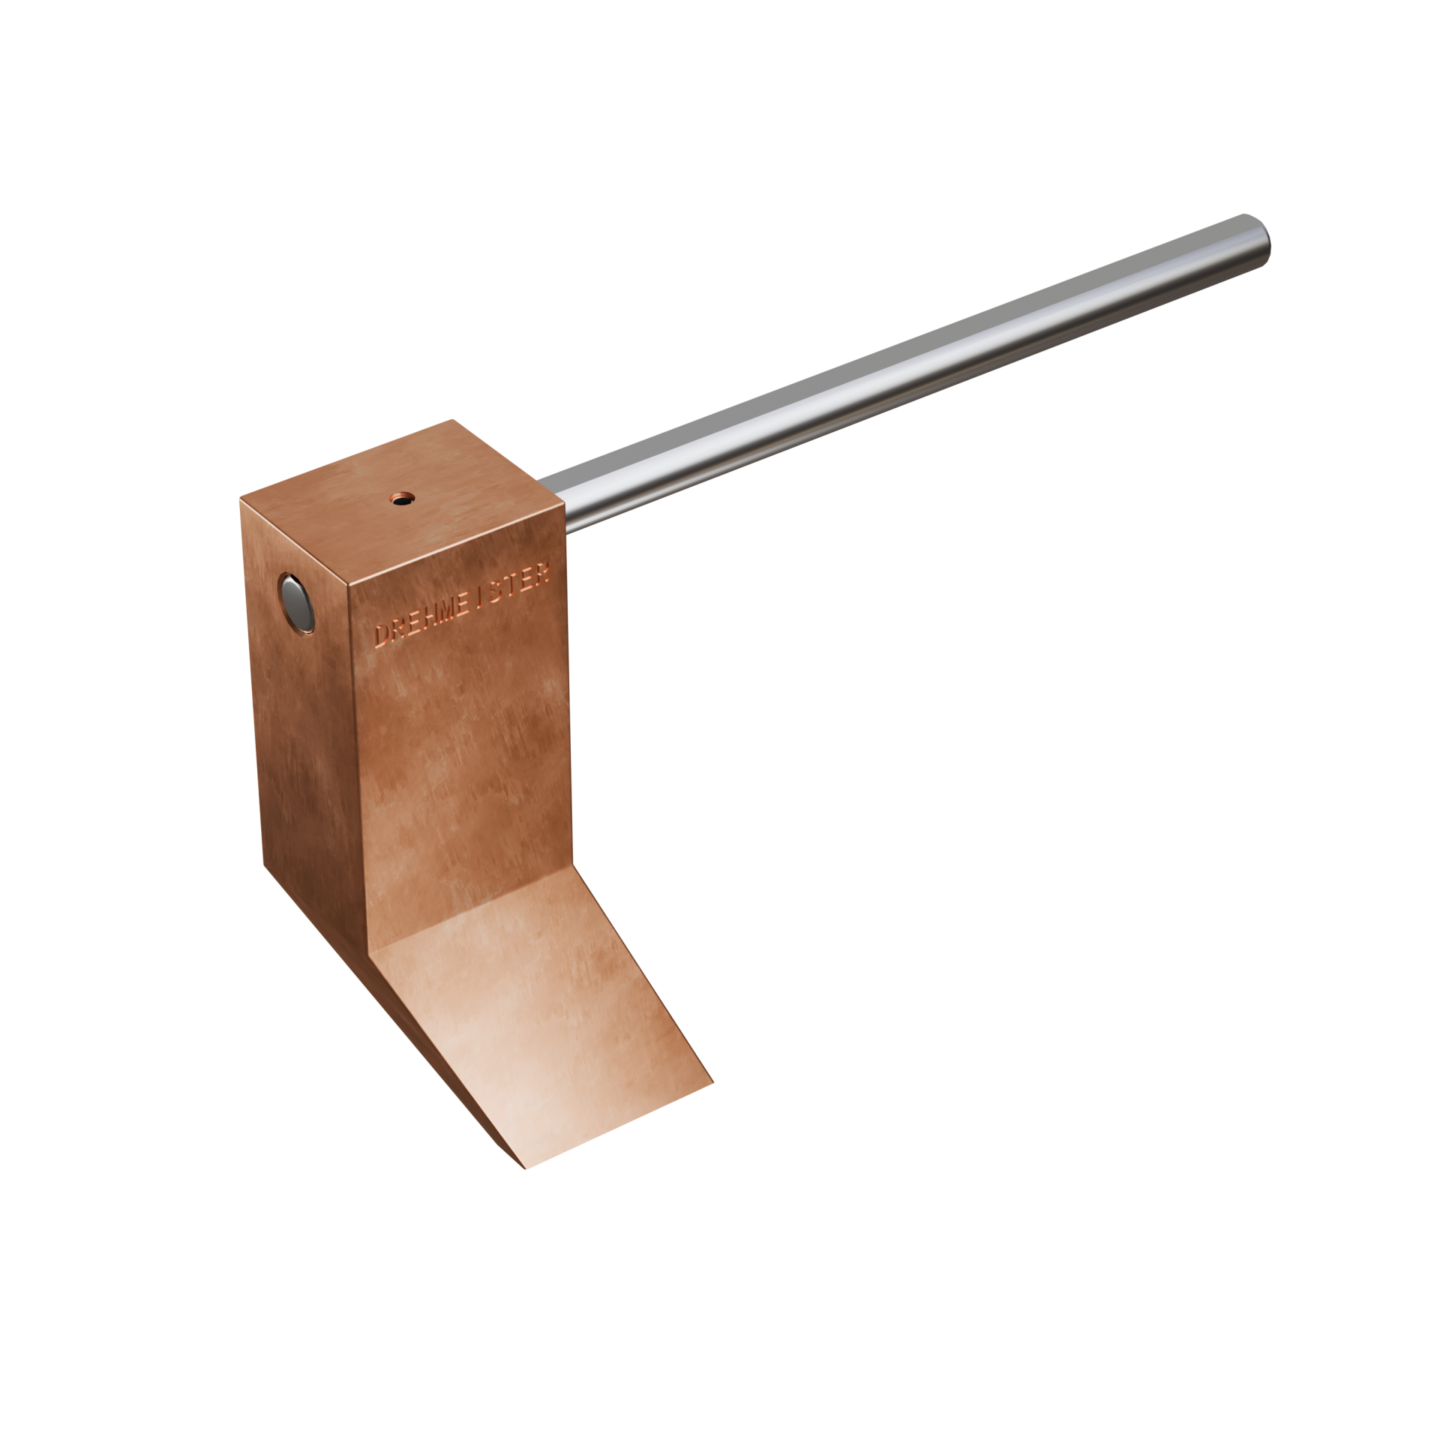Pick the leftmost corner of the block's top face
click(241, 496)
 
